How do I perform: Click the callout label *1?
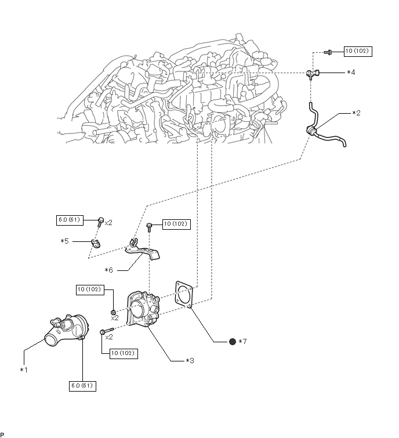tap(24, 370)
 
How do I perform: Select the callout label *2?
tap(356, 113)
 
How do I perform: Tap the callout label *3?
tap(190, 361)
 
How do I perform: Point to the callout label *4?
tap(351, 73)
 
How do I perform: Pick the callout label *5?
tap(64, 241)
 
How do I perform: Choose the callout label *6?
tap(108, 270)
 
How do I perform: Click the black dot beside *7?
tap(233, 341)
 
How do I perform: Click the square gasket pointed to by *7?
tap(184, 295)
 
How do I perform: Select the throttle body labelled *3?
tap(143, 310)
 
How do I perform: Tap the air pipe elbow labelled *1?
tap(67, 330)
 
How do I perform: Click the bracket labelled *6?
tap(142, 249)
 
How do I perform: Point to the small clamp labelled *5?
tap(95, 244)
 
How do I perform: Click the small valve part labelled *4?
tap(313, 73)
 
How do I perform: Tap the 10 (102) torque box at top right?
tap(358, 51)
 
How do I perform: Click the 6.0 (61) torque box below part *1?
tap(82, 386)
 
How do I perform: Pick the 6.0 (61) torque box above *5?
tap(70, 220)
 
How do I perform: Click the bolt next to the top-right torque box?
tap(328, 52)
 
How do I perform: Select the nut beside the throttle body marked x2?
tap(113, 312)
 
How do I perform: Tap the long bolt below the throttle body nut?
tap(106, 331)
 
